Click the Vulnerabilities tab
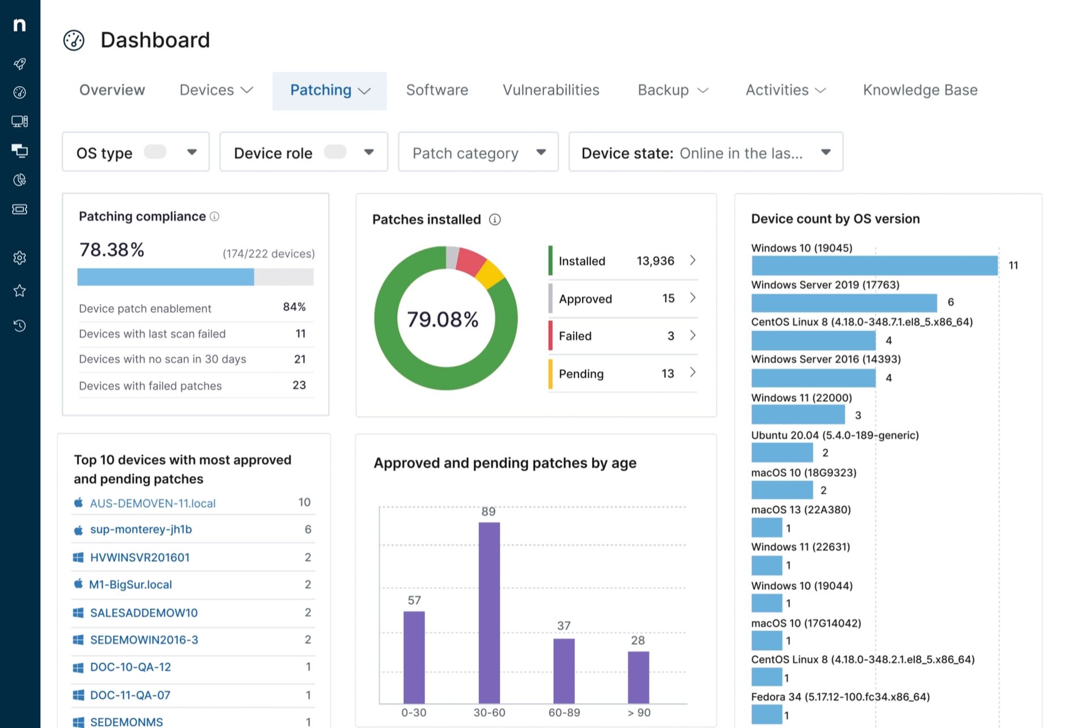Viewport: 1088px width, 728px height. click(551, 90)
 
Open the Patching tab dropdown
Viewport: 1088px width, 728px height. click(329, 91)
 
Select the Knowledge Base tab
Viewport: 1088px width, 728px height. click(920, 90)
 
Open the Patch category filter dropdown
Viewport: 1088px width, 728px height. click(478, 153)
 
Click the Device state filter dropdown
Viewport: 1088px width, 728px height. click(705, 153)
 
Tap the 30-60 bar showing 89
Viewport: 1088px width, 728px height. click(489, 612)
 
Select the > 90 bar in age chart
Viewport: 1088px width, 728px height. click(638, 677)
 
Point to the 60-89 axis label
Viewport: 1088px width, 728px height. click(564, 713)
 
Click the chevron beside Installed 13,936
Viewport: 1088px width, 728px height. click(692, 260)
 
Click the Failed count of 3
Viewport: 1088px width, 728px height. click(670, 336)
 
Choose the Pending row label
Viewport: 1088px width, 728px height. click(581, 374)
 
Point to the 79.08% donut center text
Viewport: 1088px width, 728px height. click(443, 320)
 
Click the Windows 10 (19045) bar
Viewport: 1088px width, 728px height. click(874, 265)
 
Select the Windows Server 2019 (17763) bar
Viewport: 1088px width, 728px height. click(843, 303)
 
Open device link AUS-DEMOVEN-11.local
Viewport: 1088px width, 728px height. click(152, 503)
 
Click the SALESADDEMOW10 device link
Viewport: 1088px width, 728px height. click(144, 613)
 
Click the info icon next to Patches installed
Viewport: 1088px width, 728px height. click(495, 219)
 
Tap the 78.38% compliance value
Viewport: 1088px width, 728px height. click(112, 250)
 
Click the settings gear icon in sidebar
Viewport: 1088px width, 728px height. click(20, 258)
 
